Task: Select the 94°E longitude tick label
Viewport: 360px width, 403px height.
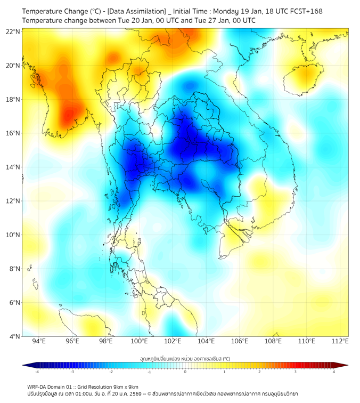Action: [x=39, y=341]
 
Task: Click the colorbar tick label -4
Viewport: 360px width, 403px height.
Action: [x=36, y=372]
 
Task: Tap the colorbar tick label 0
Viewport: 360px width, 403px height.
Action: [x=185, y=372]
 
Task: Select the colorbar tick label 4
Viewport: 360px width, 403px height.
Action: [x=334, y=372]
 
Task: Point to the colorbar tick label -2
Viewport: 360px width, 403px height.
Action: [x=111, y=372]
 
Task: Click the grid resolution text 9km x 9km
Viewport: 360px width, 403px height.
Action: [x=124, y=386]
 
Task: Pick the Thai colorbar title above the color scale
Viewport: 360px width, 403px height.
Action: [x=185, y=359]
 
